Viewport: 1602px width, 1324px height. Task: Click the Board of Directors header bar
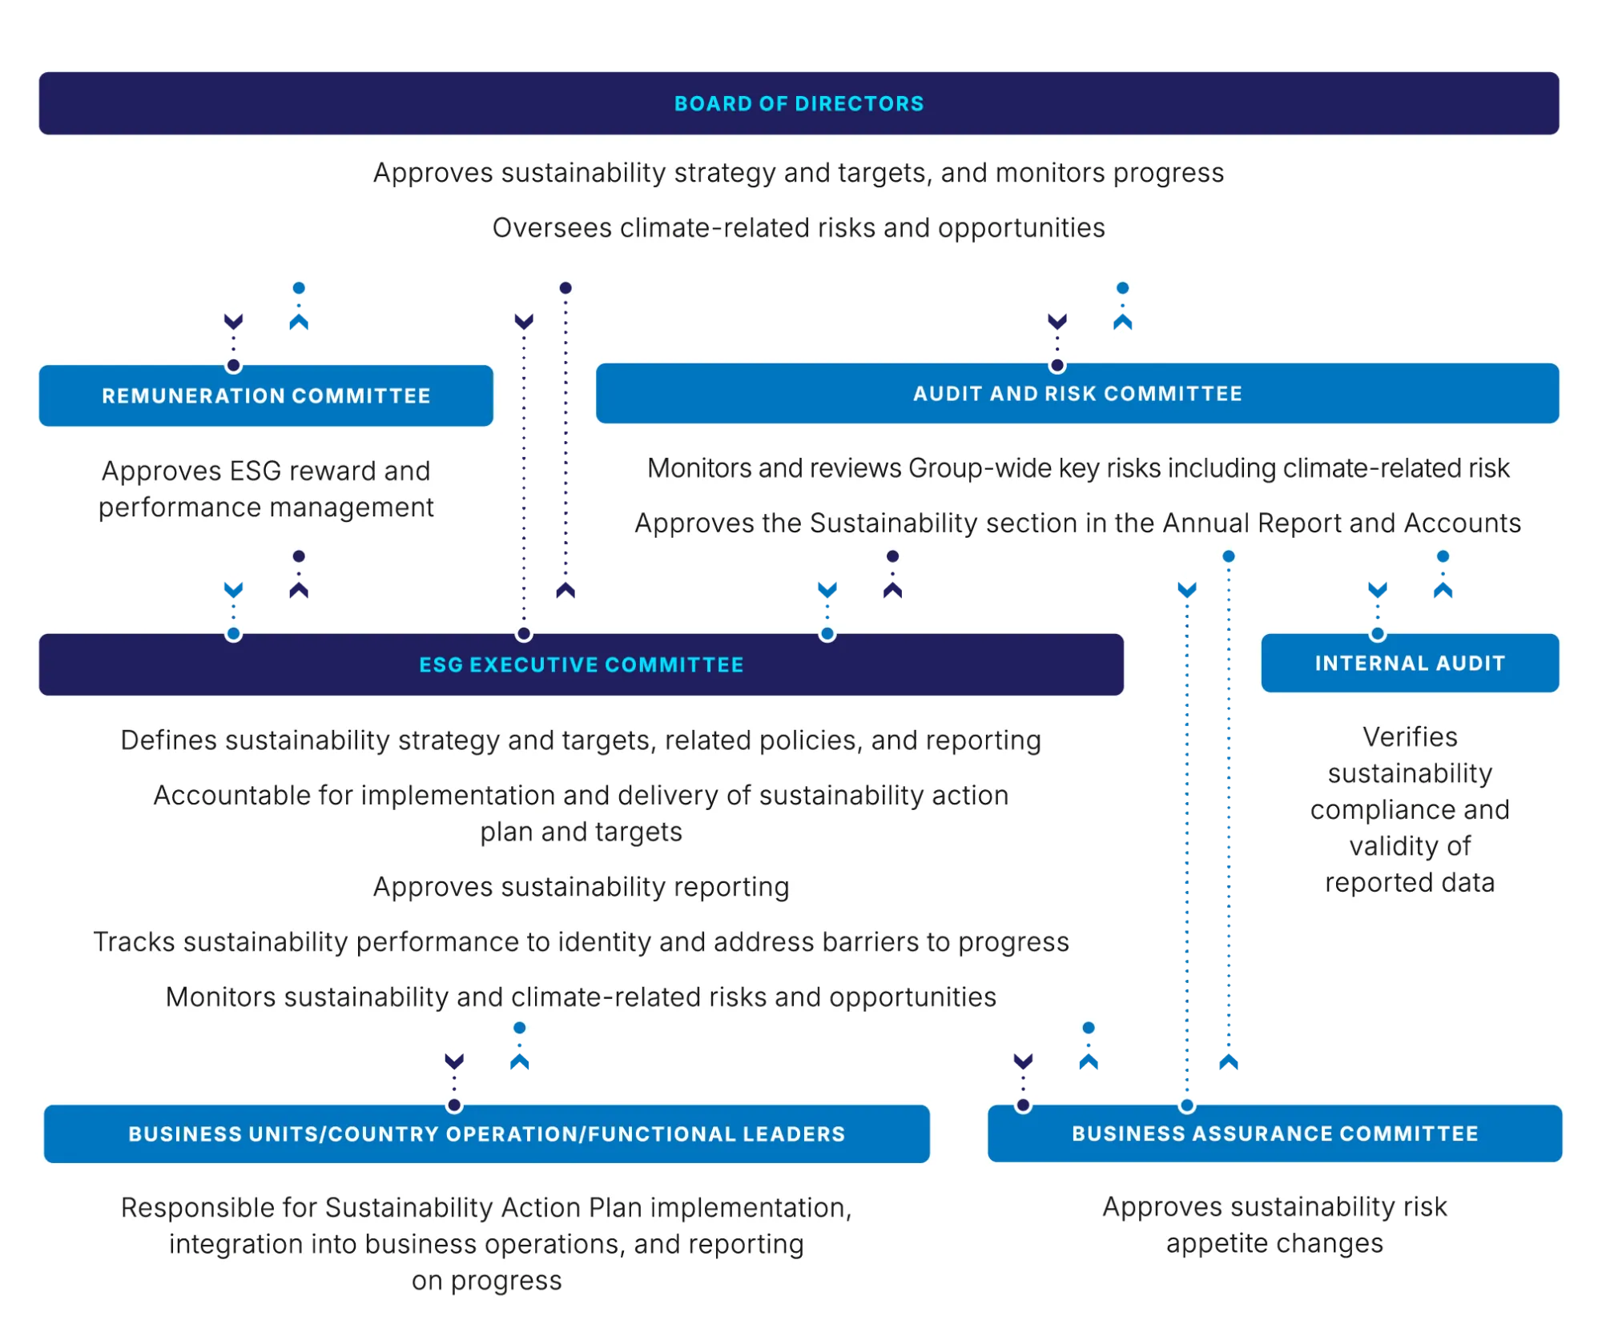pos(799,103)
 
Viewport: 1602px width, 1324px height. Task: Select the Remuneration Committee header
pos(266,396)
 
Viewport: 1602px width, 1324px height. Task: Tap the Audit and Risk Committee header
pos(1077,394)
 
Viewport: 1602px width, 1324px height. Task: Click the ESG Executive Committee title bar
pos(581,665)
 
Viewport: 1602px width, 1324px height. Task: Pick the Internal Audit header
pos(1410,664)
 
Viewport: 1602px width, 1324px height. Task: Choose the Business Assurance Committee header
pos(1274,1134)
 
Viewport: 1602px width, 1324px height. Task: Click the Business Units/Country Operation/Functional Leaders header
pos(486,1134)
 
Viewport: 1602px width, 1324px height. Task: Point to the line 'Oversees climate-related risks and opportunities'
pos(799,228)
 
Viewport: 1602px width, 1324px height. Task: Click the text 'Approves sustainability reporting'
pos(581,887)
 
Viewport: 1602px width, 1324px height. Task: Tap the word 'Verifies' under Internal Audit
pos(1410,737)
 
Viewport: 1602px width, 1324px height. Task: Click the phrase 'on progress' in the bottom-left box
pos(486,1281)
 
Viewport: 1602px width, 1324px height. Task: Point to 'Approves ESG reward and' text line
pos(266,471)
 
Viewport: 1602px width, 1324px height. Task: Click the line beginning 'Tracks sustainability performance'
pos(581,942)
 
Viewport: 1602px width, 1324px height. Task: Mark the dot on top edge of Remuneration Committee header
pos(233,366)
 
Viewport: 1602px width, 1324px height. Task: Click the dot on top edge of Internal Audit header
pos(1377,634)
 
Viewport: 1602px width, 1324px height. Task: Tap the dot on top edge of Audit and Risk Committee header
pos(1057,366)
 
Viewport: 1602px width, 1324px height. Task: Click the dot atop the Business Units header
pos(454,1105)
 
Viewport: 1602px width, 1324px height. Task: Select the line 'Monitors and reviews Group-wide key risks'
pos(1077,468)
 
